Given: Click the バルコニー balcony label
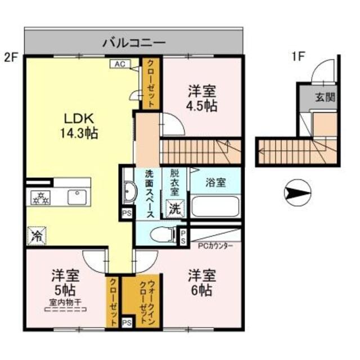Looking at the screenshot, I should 133,42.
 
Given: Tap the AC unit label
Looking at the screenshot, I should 119,64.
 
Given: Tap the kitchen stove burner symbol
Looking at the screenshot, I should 41,197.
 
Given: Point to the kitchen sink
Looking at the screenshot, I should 75,197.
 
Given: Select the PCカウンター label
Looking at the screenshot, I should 215,245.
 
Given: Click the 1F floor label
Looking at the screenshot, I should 298,56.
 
